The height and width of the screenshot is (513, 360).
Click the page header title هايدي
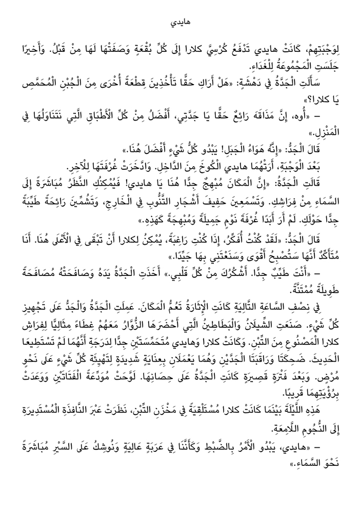[180, 24]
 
